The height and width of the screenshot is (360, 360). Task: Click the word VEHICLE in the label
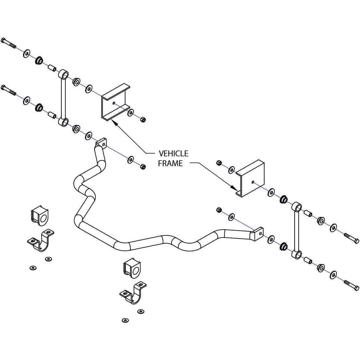(x=173, y=153)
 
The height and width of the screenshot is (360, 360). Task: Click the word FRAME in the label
(x=170, y=163)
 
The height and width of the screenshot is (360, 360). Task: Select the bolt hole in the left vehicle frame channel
(x=114, y=103)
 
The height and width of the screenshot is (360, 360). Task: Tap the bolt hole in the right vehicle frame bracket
(x=253, y=182)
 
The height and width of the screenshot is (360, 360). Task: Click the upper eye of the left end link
(x=64, y=74)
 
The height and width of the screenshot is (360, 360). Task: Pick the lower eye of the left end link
(x=63, y=122)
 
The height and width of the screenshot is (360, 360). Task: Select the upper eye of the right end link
(x=296, y=206)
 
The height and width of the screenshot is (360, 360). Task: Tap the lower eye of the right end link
(x=297, y=254)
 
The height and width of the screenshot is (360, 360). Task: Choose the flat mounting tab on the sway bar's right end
(x=259, y=234)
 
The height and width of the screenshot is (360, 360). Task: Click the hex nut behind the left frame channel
(x=142, y=119)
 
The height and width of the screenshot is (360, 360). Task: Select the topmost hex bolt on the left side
(x=8, y=43)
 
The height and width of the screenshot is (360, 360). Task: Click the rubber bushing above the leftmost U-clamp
(x=40, y=214)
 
